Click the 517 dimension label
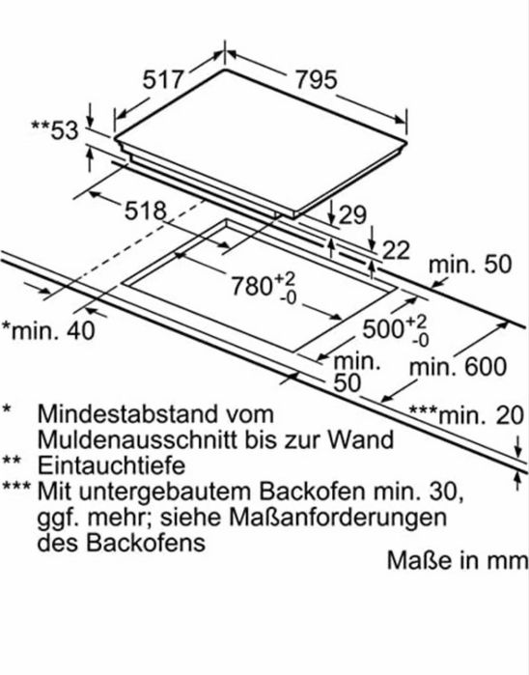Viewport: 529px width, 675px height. pos(163,79)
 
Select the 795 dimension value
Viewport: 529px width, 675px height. pos(316,80)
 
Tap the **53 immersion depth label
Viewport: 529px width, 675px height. pos(55,130)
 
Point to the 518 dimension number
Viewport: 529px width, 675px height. pos(145,211)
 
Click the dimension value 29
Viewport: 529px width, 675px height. pos(352,214)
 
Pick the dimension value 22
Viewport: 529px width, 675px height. pos(396,250)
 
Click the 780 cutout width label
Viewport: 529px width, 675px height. pos(264,286)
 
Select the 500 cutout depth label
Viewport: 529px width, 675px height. pos(396,329)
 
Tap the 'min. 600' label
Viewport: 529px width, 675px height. pos(458,367)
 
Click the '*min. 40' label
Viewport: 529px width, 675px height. pos(48,330)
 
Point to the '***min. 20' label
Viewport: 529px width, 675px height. pos(466,415)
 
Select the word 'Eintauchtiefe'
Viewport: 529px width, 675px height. pos(111,465)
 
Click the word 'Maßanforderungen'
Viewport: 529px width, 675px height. pos(338,518)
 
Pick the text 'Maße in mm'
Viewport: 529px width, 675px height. pos(458,560)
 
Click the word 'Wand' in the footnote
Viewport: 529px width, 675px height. pos(361,439)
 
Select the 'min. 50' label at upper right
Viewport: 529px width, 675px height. pos(470,265)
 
